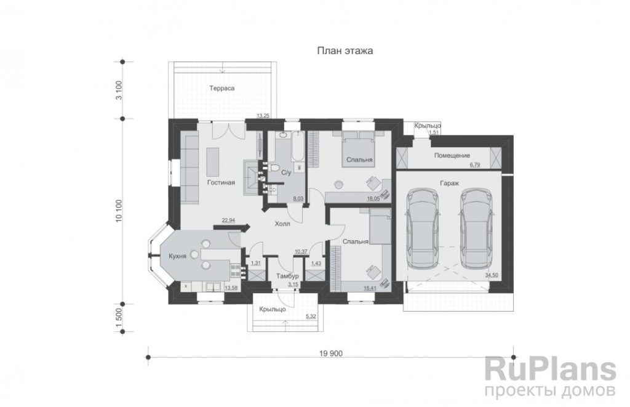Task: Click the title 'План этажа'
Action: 345,50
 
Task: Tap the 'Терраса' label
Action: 221,88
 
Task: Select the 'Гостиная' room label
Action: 221,183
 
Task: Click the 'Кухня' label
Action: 177,256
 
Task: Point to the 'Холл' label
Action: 282,224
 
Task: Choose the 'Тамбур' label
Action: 287,276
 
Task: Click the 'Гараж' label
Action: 449,183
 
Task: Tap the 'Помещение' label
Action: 452,155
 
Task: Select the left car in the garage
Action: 423,228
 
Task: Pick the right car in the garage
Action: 477,228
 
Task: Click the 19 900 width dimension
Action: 331,353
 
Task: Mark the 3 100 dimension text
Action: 119,91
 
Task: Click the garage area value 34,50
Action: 492,275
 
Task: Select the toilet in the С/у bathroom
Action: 275,168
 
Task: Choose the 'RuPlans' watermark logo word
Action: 550,369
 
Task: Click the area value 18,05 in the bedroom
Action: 373,198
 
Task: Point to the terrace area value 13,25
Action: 263,116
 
